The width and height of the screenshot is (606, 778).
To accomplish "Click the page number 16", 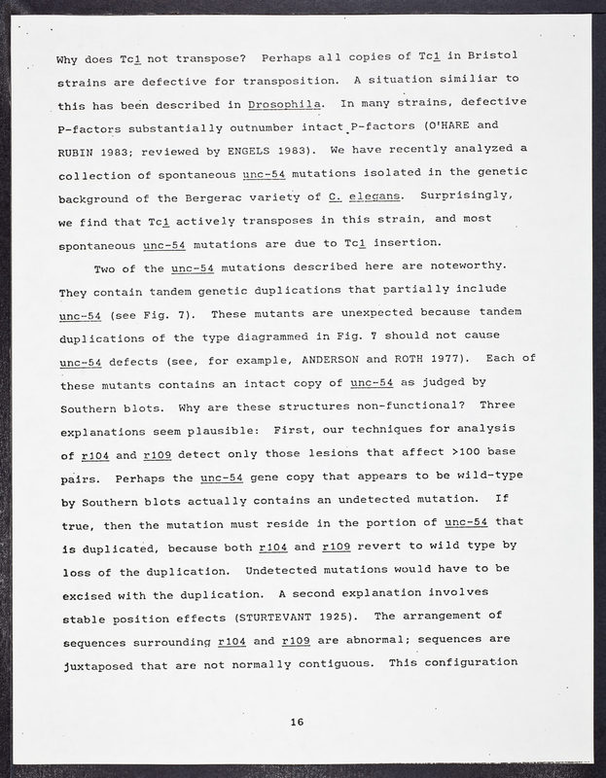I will (297, 721).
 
